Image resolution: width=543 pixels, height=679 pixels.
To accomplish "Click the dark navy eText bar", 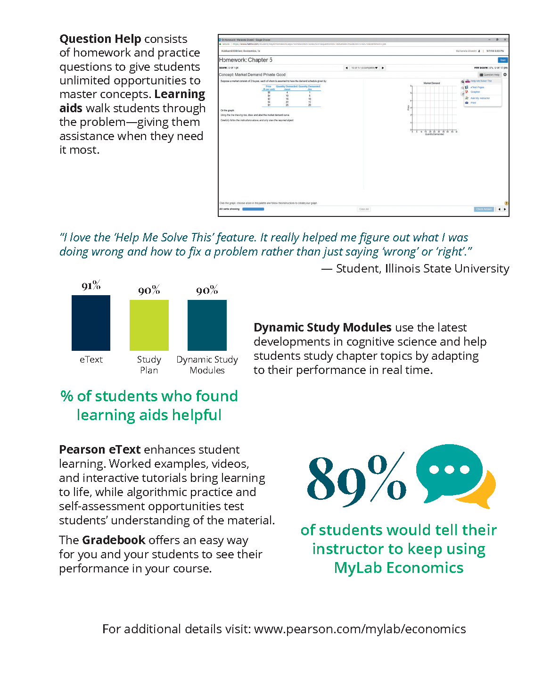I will coord(91,323).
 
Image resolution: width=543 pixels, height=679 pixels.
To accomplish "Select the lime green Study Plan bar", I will coord(149,325).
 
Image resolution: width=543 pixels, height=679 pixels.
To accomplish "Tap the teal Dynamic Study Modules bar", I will coord(207,325).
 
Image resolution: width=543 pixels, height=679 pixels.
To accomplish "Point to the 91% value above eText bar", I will coord(91,286).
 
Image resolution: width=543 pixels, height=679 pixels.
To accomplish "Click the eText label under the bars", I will coord(91,359).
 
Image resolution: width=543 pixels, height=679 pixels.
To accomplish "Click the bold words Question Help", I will coord(100,39).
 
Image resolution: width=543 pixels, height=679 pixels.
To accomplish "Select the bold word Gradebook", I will coord(114,540).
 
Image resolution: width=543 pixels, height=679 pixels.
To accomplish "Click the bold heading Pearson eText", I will coord(99,449).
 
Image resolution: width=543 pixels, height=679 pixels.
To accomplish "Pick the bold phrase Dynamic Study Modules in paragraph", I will coord(322,327).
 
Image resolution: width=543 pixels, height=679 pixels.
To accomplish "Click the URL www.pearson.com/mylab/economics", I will coord(360,629).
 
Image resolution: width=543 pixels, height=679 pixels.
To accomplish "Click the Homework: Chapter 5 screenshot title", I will coord(246,60).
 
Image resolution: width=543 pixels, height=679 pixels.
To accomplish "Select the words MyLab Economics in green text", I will coord(399,568).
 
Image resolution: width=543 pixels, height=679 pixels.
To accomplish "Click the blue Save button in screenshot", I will coord(502,60).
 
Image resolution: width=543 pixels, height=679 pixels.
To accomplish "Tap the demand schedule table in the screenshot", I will coord(291,96).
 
